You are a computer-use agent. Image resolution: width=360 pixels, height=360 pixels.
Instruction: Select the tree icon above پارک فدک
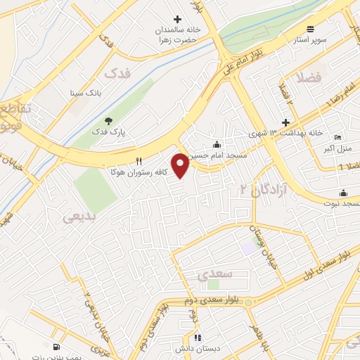[x=108, y=121]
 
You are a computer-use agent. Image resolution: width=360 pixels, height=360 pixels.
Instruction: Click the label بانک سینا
[x=86, y=92]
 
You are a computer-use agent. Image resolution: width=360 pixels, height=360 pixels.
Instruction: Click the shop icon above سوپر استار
[x=311, y=30]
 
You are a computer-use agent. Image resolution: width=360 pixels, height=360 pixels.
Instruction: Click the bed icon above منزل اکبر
[x=337, y=136]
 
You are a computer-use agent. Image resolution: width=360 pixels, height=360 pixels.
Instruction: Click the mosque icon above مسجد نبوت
[x=343, y=193]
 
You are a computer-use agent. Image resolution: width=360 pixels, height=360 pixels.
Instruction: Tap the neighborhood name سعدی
[x=211, y=276]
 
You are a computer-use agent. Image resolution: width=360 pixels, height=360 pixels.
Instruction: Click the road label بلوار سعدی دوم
[x=211, y=300]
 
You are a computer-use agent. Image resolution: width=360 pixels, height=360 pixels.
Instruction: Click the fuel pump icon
[x=56, y=346]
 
